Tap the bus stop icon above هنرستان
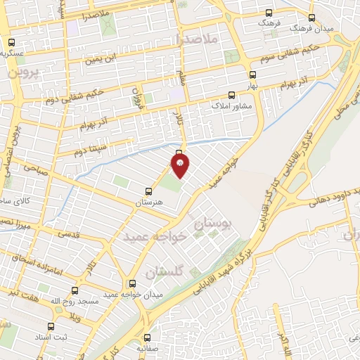[x=148, y=191]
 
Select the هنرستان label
[x=148, y=202]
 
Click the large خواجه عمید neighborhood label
[x=154, y=237]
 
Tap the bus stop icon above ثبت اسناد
[x=51, y=326]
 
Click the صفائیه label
[x=148, y=349]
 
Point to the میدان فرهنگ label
[x=333, y=28]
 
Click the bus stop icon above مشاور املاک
[x=232, y=95]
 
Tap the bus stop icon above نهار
[x=252, y=73]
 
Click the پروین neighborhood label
[x=22, y=72]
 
